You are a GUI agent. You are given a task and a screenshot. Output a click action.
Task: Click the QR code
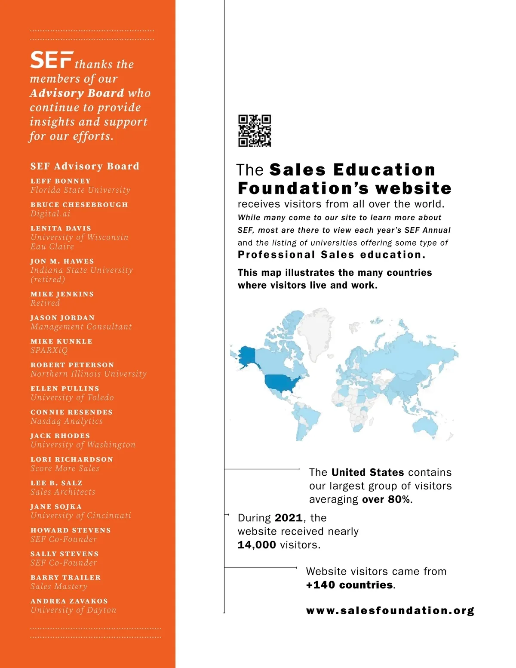[255, 131]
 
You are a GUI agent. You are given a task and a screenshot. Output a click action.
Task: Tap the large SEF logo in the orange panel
[51, 60]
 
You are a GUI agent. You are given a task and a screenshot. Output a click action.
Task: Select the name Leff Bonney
[61, 181]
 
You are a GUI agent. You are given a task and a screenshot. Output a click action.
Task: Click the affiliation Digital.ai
[50, 214]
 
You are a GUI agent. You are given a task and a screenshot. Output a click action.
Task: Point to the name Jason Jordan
[62, 318]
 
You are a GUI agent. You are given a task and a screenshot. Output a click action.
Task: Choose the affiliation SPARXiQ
[49, 350]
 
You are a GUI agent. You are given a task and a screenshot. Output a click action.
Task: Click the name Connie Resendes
[71, 412]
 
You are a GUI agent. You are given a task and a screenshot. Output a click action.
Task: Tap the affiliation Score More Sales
[65, 468]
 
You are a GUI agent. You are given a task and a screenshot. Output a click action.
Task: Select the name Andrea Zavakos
[69, 601]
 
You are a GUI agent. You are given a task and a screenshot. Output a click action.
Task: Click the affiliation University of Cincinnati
[81, 516]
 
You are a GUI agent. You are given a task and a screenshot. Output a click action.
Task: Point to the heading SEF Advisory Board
[85, 166]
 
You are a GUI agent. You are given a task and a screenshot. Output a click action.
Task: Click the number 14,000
[257, 545]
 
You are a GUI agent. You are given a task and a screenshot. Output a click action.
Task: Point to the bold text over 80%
[387, 499]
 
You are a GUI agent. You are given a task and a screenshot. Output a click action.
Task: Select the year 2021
[289, 518]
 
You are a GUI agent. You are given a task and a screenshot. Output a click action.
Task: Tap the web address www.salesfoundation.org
[390, 611]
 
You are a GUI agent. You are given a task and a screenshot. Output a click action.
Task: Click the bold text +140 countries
[350, 585]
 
